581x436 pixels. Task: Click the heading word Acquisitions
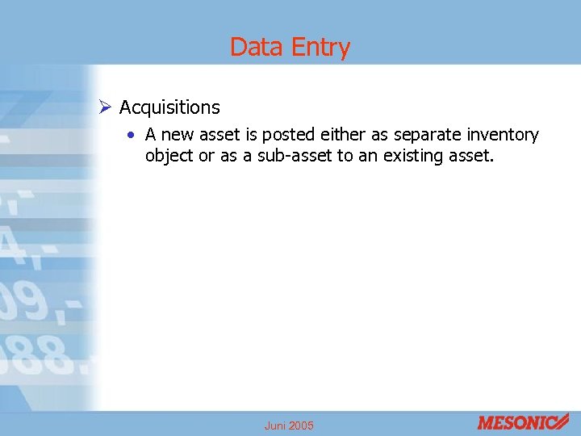click(169, 107)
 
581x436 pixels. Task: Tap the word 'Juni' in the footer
click(275, 426)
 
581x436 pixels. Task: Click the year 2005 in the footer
click(301, 426)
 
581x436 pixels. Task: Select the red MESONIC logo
click(522, 421)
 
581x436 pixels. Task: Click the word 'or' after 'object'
click(207, 155)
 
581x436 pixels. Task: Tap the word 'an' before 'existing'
click(368, 155)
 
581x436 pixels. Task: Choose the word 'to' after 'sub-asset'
click(345, 155)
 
